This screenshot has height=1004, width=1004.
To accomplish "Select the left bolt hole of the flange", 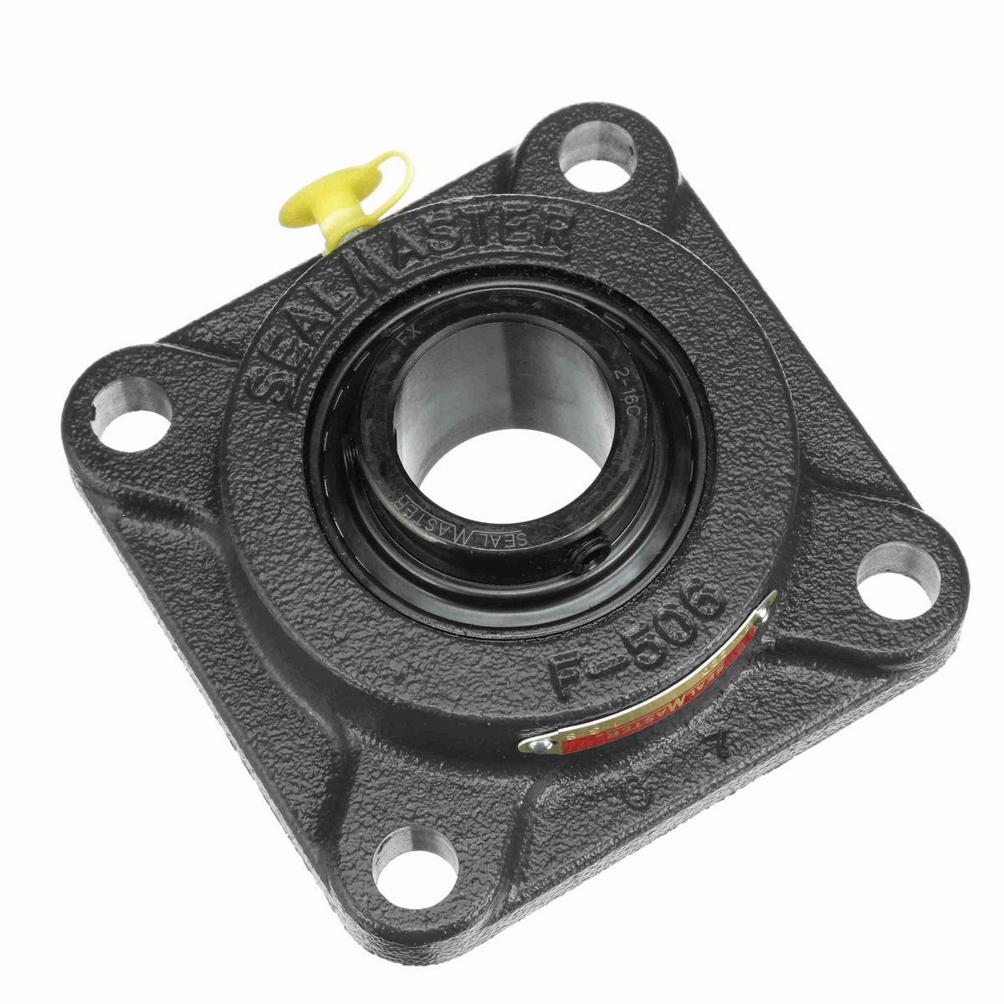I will [x=131, y=409].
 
